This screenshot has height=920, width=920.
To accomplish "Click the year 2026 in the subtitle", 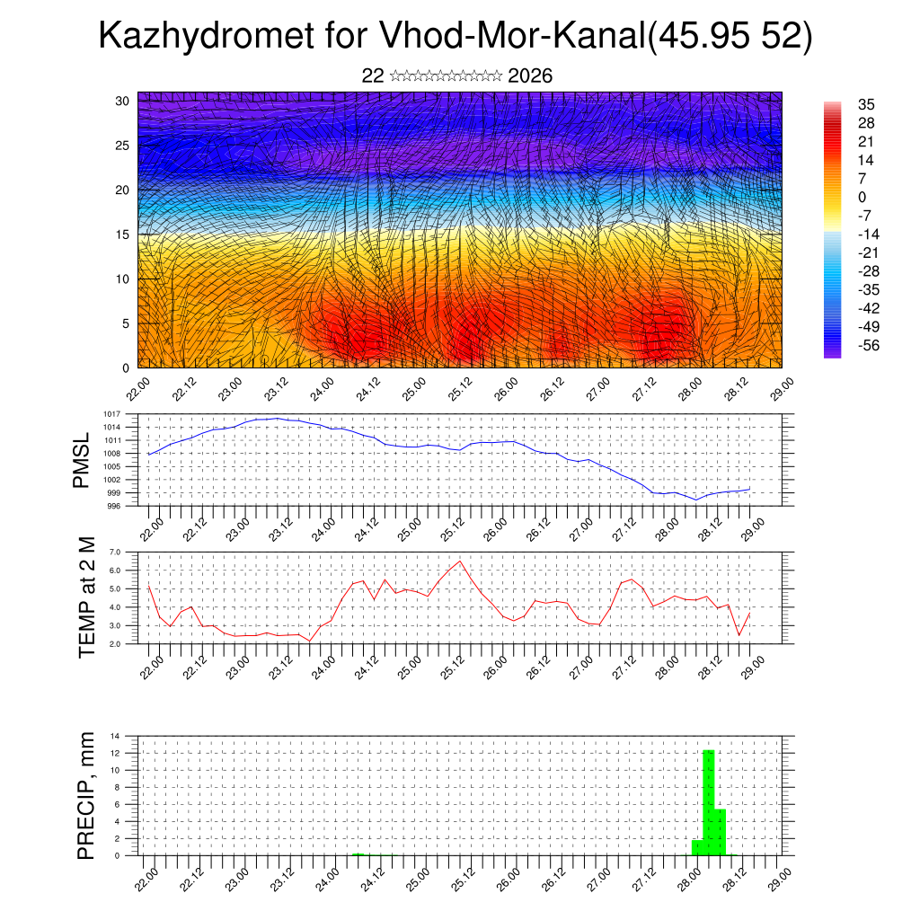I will [x=530, y=76].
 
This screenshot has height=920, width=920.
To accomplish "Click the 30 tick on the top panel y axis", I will [x=122, y=101].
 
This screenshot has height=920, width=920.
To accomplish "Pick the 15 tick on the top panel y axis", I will [x=122, y=234].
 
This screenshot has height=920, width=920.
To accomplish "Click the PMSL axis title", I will [x=82, y=460].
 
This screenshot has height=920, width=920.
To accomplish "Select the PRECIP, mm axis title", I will [x=86, y=794].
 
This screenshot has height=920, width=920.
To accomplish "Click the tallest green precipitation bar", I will [x=708, y=801].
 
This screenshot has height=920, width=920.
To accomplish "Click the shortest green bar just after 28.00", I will [x=697, y=847].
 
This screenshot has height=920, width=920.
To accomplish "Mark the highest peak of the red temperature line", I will [x=461, y=561].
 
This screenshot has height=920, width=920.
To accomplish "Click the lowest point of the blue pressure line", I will [x=695, y=500].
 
